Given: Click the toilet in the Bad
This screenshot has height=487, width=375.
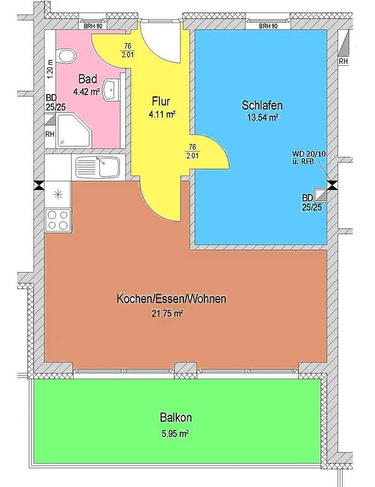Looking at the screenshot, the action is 67,56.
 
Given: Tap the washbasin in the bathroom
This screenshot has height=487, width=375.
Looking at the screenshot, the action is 111,90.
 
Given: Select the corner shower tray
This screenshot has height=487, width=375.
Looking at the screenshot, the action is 73,131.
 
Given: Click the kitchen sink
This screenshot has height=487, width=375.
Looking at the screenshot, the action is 98,167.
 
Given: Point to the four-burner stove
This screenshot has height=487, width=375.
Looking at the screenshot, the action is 58,220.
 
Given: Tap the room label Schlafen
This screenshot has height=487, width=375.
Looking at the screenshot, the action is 262,105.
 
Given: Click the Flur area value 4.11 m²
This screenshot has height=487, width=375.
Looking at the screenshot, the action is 162,115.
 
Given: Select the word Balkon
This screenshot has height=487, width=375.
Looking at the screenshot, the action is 176,417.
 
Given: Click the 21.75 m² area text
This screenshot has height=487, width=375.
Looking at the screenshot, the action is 167,314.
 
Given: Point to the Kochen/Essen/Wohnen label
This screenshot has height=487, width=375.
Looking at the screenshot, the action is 171,299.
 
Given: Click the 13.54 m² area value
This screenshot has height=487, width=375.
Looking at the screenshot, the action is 262,117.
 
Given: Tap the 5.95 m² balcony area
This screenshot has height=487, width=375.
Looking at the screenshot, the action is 175,433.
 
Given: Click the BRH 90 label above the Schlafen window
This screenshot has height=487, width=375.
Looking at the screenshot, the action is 268,27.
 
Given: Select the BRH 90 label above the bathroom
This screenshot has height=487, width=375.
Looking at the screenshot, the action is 93,27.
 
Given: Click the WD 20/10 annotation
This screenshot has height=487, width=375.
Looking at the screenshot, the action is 309,153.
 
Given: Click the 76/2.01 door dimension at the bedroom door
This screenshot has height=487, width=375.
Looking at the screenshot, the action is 192,151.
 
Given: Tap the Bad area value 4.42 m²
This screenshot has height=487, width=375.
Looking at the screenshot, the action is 86,91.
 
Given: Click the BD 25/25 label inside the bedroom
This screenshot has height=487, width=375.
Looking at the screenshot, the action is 312,202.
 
